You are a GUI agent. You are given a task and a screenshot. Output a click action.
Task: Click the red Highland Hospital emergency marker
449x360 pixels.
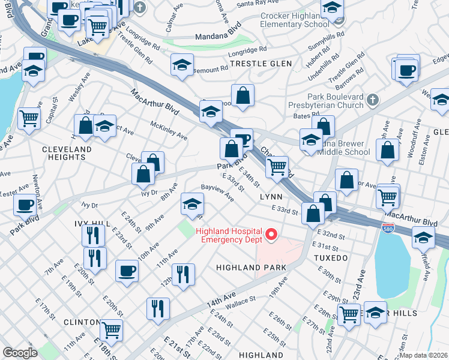coord(271,235)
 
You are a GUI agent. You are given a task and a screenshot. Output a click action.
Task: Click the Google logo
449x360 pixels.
coord(20,353)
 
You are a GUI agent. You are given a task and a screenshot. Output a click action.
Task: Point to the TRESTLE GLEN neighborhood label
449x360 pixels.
coord(261,64)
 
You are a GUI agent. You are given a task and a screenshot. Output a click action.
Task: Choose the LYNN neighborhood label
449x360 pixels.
coord(270,196)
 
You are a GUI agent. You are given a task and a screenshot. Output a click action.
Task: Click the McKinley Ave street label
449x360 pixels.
coord(169,130)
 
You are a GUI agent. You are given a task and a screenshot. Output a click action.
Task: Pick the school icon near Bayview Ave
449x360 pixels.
coord(192,205)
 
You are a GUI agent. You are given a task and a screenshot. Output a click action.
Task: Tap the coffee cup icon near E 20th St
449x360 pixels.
coord(126,270)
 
